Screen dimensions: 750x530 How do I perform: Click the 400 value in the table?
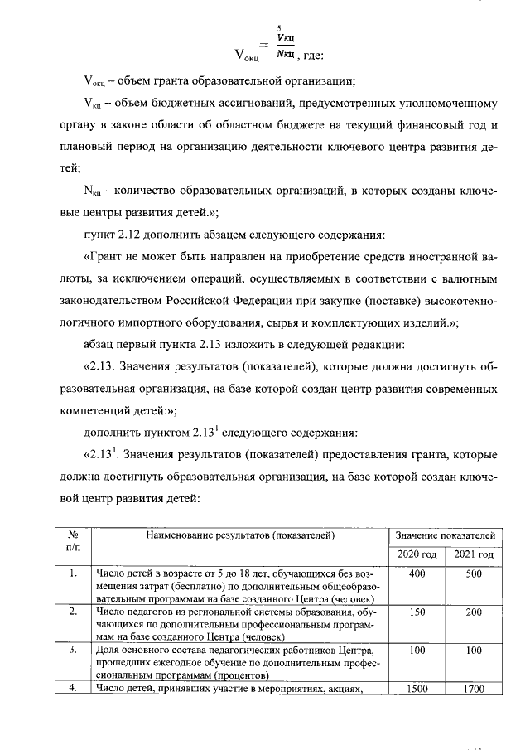[417, 574]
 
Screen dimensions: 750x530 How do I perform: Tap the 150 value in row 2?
[417, 612]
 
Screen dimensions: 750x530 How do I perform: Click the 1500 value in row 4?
[417, 687]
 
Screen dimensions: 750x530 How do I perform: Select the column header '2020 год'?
[417, 554]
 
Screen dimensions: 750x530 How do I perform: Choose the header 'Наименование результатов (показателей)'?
[240, 535]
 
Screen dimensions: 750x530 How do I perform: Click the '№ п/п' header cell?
[73, 542]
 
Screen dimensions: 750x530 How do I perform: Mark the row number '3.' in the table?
[73, 650]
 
